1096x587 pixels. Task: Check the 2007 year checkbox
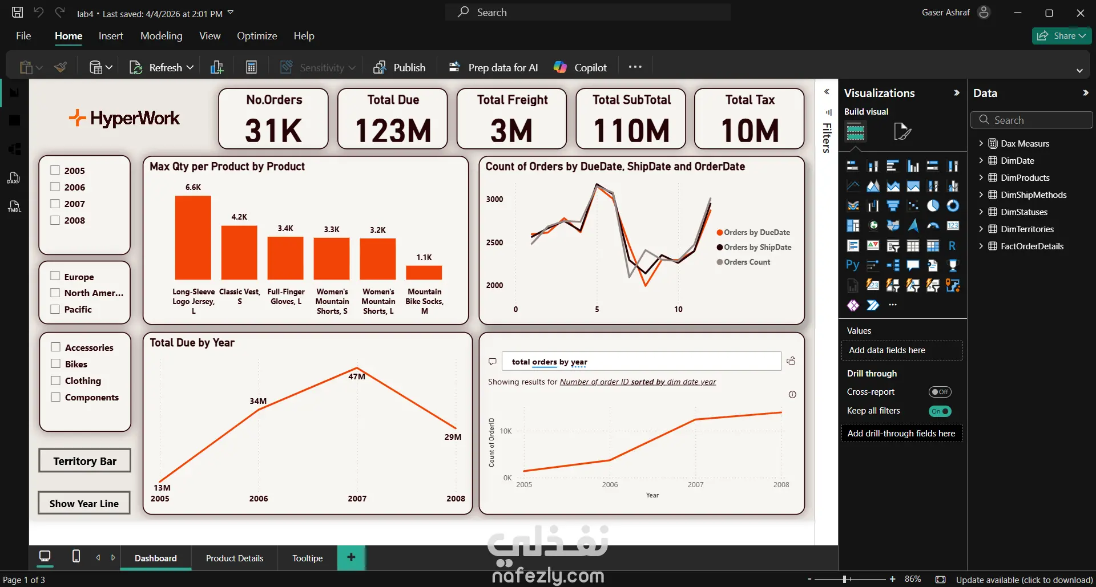click(x=55, y=204)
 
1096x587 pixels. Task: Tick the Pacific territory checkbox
click(x=55, y=309)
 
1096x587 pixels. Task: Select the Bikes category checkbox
click(x=56, y=364)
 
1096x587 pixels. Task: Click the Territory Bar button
click(x=84, y=461)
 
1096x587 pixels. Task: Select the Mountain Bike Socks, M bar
click(x=424, y=273)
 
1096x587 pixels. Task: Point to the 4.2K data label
click(x=239, y=217)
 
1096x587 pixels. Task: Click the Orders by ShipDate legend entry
click(x=757, y=247)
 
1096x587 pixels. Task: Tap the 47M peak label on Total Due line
click(x=357, y=377)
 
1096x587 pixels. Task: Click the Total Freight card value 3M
click(x=511, y=131)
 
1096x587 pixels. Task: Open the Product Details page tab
click(x=235, y=558)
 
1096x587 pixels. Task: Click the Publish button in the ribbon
click(x=400, y=67)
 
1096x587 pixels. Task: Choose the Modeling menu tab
click(x=162, y=36)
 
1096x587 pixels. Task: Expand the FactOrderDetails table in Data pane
click(x=981, y=246)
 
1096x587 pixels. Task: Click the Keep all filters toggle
click(x=940, y=411)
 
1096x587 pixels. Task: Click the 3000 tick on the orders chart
click(x=494, y=199)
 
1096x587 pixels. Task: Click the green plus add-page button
click(x=351, y=557)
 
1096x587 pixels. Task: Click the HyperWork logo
click(x=124, y=118)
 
